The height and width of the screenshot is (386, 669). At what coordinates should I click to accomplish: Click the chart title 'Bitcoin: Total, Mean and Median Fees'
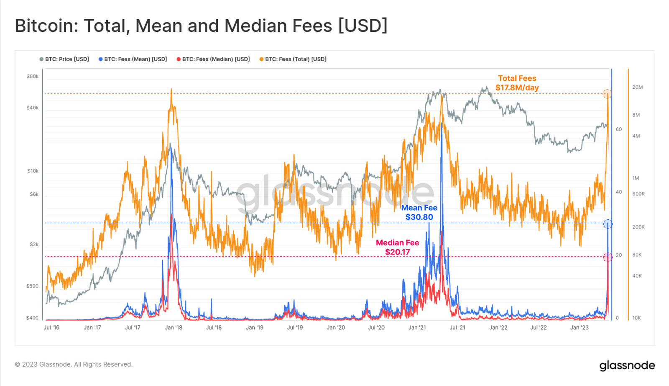pos(201,26)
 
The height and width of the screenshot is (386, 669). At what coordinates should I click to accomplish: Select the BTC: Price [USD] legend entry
pos(64,59)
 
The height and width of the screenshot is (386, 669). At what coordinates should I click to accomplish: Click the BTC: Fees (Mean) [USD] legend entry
pos(133,59)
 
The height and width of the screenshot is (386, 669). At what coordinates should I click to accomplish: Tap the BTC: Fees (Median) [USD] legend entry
pos(213,59)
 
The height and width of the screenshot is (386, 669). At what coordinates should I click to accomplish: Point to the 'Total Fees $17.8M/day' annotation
pos(517,83)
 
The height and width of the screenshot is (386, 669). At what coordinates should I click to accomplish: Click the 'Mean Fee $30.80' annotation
pos(419,212)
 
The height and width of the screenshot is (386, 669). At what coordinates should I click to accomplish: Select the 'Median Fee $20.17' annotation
pos(397,247)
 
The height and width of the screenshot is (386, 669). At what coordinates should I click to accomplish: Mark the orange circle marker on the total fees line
pos(607,94)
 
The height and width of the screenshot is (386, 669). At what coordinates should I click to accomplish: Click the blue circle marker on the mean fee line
pos(608,224)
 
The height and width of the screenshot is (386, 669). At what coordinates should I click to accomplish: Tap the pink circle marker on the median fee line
pos(608,257)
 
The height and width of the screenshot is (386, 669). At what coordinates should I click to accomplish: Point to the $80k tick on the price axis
pos(33,76)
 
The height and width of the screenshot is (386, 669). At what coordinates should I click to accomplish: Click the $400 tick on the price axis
pos(32,318)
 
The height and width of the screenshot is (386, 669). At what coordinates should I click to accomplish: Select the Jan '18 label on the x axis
pos(174,327)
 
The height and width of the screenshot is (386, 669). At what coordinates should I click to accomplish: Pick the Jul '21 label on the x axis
pos(457,327)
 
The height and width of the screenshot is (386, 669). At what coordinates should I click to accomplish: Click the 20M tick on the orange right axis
pos(637,87)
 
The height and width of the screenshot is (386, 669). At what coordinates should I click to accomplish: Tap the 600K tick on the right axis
pos(638,194)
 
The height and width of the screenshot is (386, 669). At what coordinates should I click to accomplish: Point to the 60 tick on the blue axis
pos(619,129)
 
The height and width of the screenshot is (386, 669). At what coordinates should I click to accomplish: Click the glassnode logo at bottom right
pos(627,365)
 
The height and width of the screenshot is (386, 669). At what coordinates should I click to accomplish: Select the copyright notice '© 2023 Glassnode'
pos(74,364)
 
